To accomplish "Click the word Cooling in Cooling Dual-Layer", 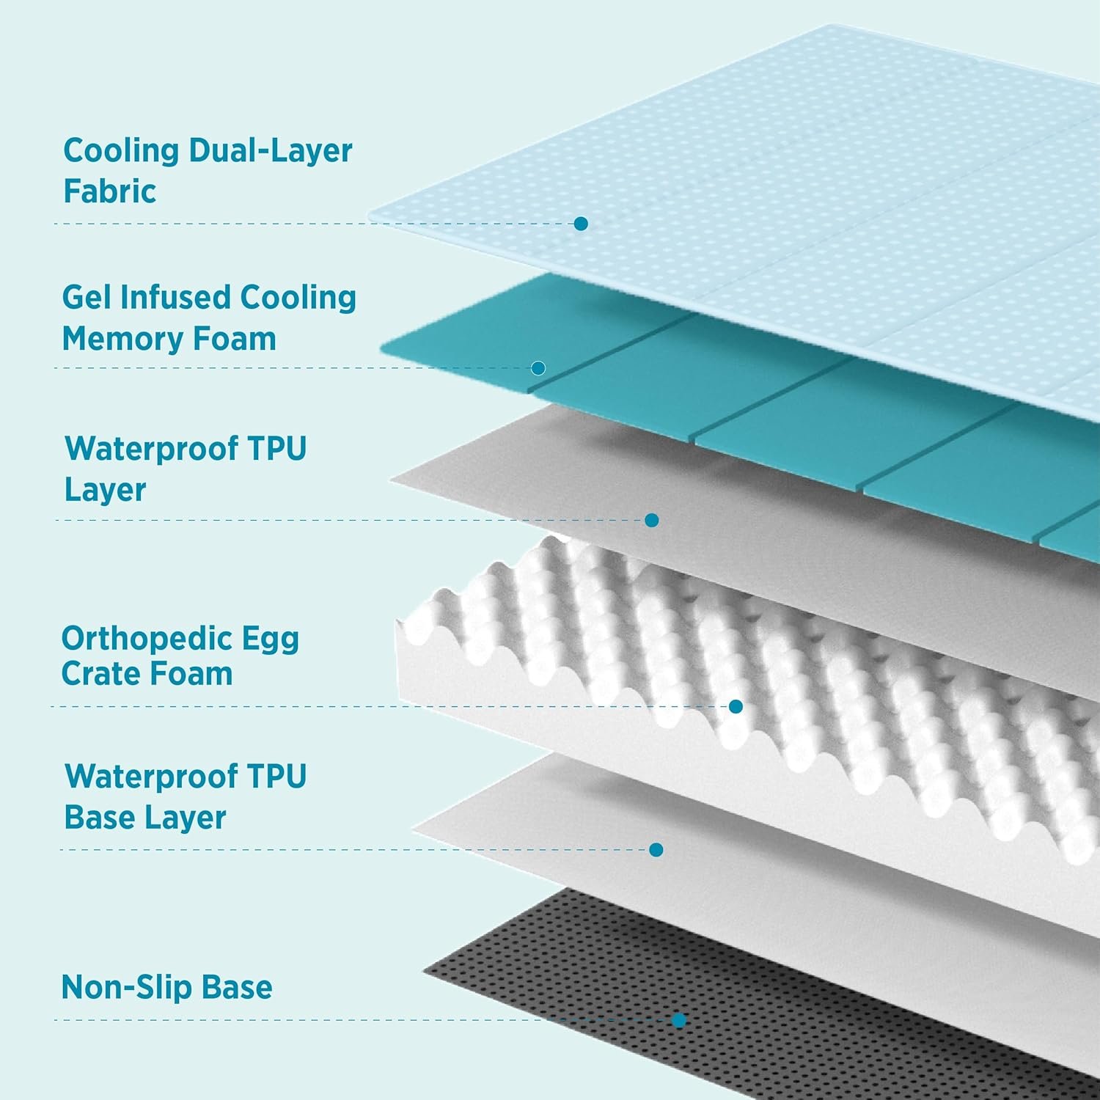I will pyautogui.click(x=120, y=151).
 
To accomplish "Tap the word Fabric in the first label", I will pyautogui.click(x=109, y=191).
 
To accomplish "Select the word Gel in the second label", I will pyautogui.click(x=87, y=298).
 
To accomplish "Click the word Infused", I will pyautogui.click(x=175, y=298).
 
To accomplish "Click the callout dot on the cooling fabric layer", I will pyautogui.click(x=581, y=224).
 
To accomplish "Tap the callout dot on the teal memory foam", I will pyautogui.click(x=538, y=367).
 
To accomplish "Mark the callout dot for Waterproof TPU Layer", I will pyautogui.click(x=651, y=520).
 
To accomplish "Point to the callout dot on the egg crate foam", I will pyautogui.click(x=736, y=706).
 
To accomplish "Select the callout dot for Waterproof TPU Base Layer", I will pyautogui.click(x=656, y=849).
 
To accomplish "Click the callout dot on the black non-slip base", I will pyautogui.click(x=679, y=1020).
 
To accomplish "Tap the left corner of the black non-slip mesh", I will pyautogui.click(x=425, y=972).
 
